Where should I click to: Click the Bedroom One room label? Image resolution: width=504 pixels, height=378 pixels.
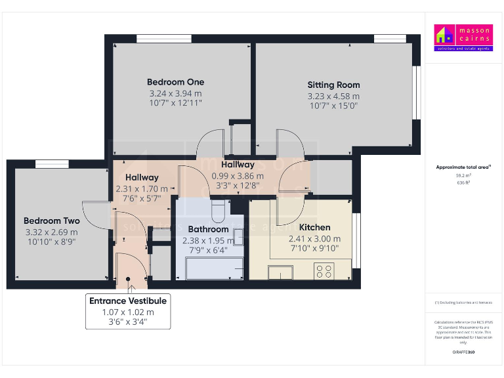click(x=175, y=82)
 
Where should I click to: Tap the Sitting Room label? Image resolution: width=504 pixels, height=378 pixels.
click(x=333, y=85)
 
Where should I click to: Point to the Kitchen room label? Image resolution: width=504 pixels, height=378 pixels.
click(x=314, y=227)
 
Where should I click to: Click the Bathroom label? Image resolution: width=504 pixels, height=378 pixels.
click(x=208, y=229)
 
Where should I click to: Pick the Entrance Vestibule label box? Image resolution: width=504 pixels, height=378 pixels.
click(x=128, y=310)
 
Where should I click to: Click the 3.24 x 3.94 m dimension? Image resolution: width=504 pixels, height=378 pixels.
click(x=175, y=93)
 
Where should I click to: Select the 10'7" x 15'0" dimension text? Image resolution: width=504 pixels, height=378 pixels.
click(x=333, y=106)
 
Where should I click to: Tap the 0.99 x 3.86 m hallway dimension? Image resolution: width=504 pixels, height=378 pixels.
click(x=238, y=175)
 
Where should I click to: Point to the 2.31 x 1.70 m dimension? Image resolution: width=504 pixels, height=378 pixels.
click(x=142, y=188)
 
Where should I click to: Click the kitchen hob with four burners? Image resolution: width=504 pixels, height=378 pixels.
click(x=324, y=270)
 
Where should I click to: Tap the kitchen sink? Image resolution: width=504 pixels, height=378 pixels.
click(x=280, y=272)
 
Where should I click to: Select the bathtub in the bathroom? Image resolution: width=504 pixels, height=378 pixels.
click(x=214, y=268)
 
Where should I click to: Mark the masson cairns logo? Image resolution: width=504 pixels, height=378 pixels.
click(x=463, y=38)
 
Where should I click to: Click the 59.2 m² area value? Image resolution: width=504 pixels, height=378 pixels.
click(x=463, y=175)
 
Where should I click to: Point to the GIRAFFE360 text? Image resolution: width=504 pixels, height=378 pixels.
click(x=463, y=352)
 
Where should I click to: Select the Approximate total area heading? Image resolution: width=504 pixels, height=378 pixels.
click(x=463, y=167)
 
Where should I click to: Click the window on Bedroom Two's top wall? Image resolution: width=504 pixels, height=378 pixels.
click(x=48, y=164)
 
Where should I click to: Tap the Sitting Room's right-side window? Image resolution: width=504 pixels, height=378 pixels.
click(x=415, y=93)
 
